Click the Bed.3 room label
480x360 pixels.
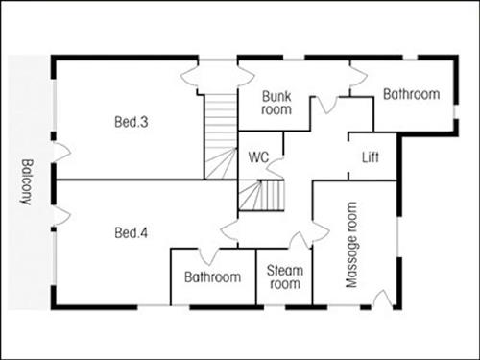click(x=130, y=122)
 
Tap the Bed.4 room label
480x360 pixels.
click(x=130, y=232)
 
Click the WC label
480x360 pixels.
click(x=257, y=156)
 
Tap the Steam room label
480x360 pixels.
click(x=284, y=277)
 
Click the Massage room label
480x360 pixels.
click(x=350, y=246)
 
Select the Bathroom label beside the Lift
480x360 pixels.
click(x=411, y=94)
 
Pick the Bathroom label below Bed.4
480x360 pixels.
click(x=212, y=277)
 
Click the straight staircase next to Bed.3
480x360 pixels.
click(x=221, y=134)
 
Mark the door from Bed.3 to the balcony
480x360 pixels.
click(x=60, y=152)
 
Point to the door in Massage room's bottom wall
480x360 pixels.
click(x=380, y=300)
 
